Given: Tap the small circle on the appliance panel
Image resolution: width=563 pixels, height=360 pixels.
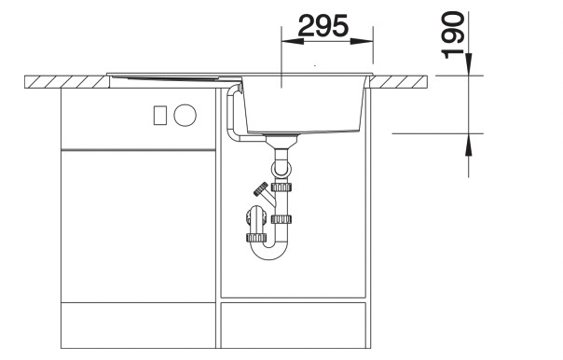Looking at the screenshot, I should coord(185,116).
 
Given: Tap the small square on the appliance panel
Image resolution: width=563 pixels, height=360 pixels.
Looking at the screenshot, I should coord(159,116).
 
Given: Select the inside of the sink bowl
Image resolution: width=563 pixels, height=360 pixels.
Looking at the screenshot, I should coord(308,103).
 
